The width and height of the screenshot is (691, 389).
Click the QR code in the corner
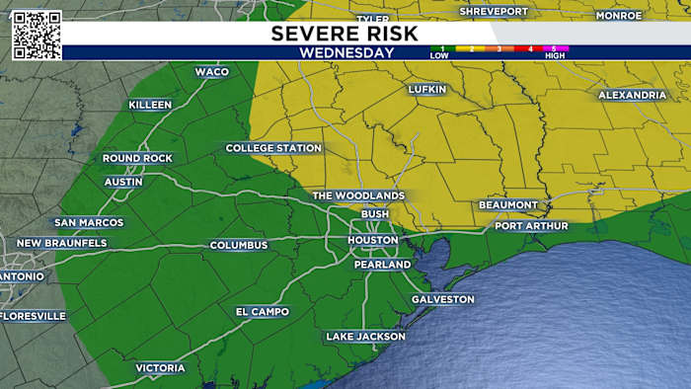37,36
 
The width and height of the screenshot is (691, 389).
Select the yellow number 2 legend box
471,48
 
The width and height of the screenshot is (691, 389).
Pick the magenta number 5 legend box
554,48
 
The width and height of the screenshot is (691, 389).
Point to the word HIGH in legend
554,56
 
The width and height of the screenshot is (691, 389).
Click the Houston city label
375,240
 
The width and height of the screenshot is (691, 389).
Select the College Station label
273,148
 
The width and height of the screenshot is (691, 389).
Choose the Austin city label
123,182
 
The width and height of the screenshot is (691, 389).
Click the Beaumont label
507,204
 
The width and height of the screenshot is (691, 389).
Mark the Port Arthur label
531,226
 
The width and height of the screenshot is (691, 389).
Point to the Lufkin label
427,90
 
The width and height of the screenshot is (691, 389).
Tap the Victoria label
160,368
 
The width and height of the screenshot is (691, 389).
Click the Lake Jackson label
365,337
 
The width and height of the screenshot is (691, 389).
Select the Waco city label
211,72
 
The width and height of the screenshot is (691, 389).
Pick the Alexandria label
632,95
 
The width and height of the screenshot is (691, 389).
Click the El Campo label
263,312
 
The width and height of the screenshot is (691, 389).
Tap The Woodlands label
358,195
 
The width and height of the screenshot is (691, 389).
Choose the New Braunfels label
61,243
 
